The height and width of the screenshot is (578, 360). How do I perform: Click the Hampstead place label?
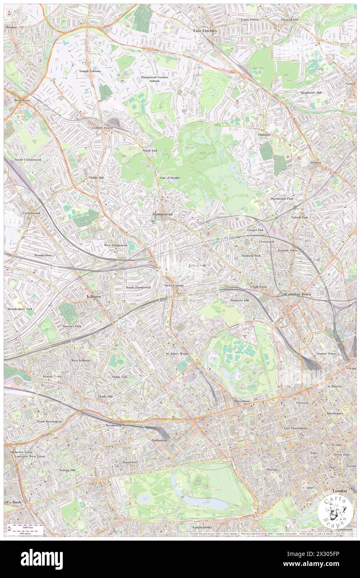(x=162, y=214)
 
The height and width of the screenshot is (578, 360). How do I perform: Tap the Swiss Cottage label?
(x=173, y=286)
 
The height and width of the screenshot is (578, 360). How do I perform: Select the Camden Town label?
(x=298, y=294)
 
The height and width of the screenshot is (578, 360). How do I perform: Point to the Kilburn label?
(x=94, y=296)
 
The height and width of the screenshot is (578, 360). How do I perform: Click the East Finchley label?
(x=205, y=31)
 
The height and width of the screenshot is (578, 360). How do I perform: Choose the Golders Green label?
(x=102, y=128)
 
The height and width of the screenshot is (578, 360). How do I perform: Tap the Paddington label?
(x=159, y=440)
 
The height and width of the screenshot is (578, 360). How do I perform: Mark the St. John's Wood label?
(x=177, y=354)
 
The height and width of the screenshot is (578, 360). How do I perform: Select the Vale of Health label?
(x=170, y=178)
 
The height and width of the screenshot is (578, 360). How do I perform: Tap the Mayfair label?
(x=272, y=469)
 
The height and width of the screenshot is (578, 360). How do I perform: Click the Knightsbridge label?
(x=202, y=527)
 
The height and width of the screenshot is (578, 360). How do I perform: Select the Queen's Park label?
(x=72, y=326)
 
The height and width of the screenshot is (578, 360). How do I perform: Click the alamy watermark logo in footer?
(x=42, y=559)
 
